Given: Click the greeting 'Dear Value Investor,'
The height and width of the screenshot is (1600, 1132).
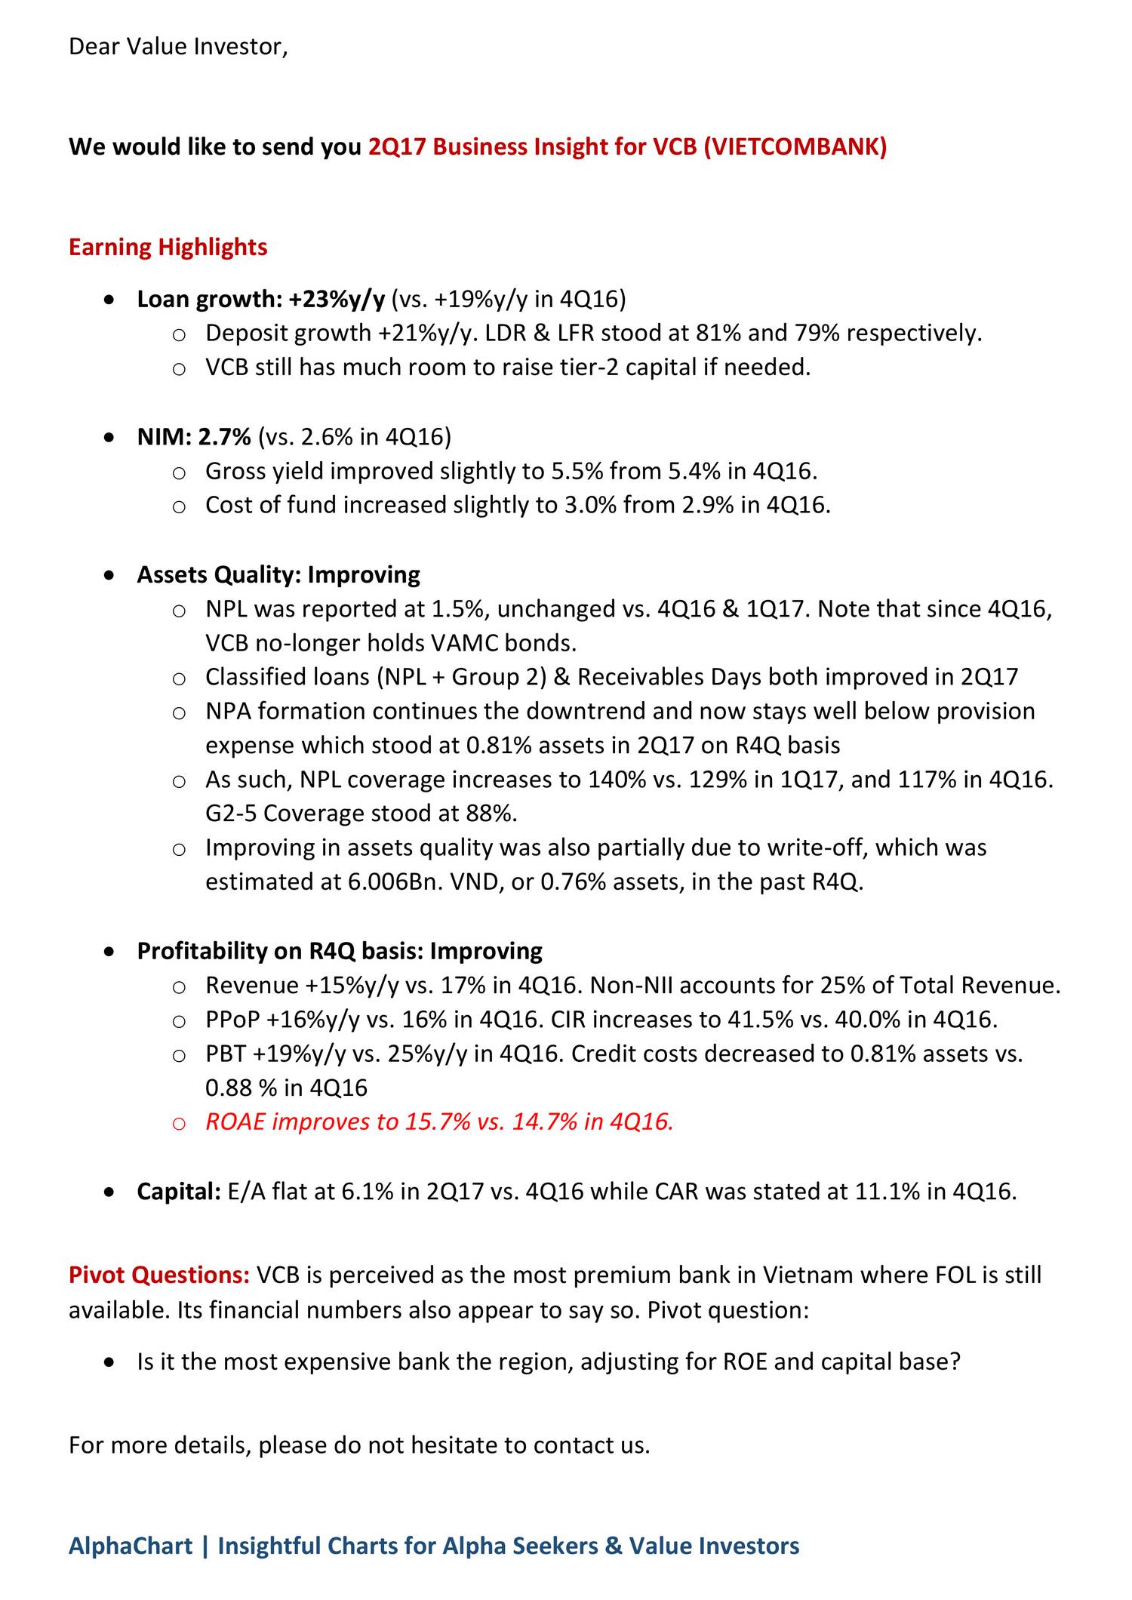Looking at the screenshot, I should pos(178,47).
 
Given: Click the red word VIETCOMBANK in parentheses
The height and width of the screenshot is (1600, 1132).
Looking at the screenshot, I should pos(795,146).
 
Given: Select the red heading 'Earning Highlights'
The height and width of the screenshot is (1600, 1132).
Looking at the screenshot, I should pos(168,248).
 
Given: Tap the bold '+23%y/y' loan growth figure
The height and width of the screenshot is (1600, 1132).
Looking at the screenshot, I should pos(337,300).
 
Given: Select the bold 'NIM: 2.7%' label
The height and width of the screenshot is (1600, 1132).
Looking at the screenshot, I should pos(194,437).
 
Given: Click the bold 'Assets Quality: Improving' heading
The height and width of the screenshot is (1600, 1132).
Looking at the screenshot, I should pos(278,575).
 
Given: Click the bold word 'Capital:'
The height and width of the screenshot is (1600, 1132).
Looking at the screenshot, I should pos(179,1192).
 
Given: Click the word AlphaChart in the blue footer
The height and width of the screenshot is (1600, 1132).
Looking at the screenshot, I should pos(130,1546).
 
